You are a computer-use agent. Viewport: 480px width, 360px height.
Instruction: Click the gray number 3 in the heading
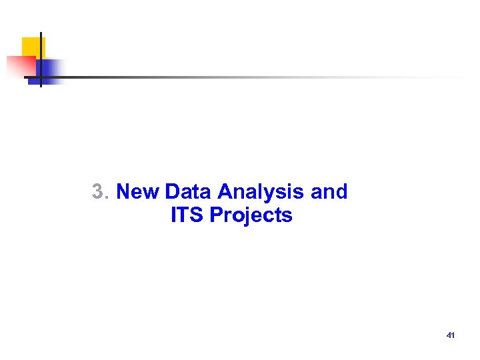[99, 192]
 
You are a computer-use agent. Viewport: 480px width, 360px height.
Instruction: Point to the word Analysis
[262, 193]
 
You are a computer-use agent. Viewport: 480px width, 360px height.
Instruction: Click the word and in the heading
[329, 192]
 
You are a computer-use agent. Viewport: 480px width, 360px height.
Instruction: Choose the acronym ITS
[187, 215]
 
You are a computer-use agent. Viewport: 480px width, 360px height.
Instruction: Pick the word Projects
[251, 216]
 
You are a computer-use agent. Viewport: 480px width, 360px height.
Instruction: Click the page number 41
[450, 335]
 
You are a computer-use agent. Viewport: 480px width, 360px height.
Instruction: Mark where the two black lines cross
[41, 77]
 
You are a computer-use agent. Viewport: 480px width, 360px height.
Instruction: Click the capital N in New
[123, 192]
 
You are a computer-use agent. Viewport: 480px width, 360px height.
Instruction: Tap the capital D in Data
[172, 192]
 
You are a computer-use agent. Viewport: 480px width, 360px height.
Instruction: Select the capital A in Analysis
[225, 192]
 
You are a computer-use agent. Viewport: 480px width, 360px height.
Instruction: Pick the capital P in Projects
[216, 215]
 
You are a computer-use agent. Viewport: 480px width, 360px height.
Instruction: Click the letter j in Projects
[243, 217]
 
